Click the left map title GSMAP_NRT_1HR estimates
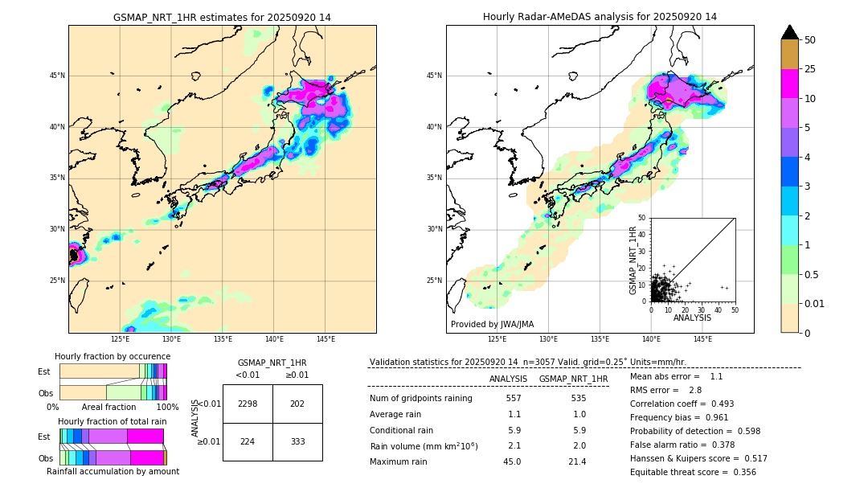point(222,17)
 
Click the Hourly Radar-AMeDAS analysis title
point(600,17)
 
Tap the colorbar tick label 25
point(810,69)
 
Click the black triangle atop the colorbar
point(790,32)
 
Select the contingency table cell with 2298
point(248,404)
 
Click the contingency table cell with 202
point(297,404)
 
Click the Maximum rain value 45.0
point(512,461)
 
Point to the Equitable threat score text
point(693,472)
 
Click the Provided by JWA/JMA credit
point(492,324)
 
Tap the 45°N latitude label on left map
point(57,76)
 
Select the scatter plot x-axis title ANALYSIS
point(692,318)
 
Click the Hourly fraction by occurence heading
point(113,356)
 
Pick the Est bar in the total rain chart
point(112,436)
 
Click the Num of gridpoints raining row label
point(420,399)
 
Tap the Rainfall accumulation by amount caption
point(113,471)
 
